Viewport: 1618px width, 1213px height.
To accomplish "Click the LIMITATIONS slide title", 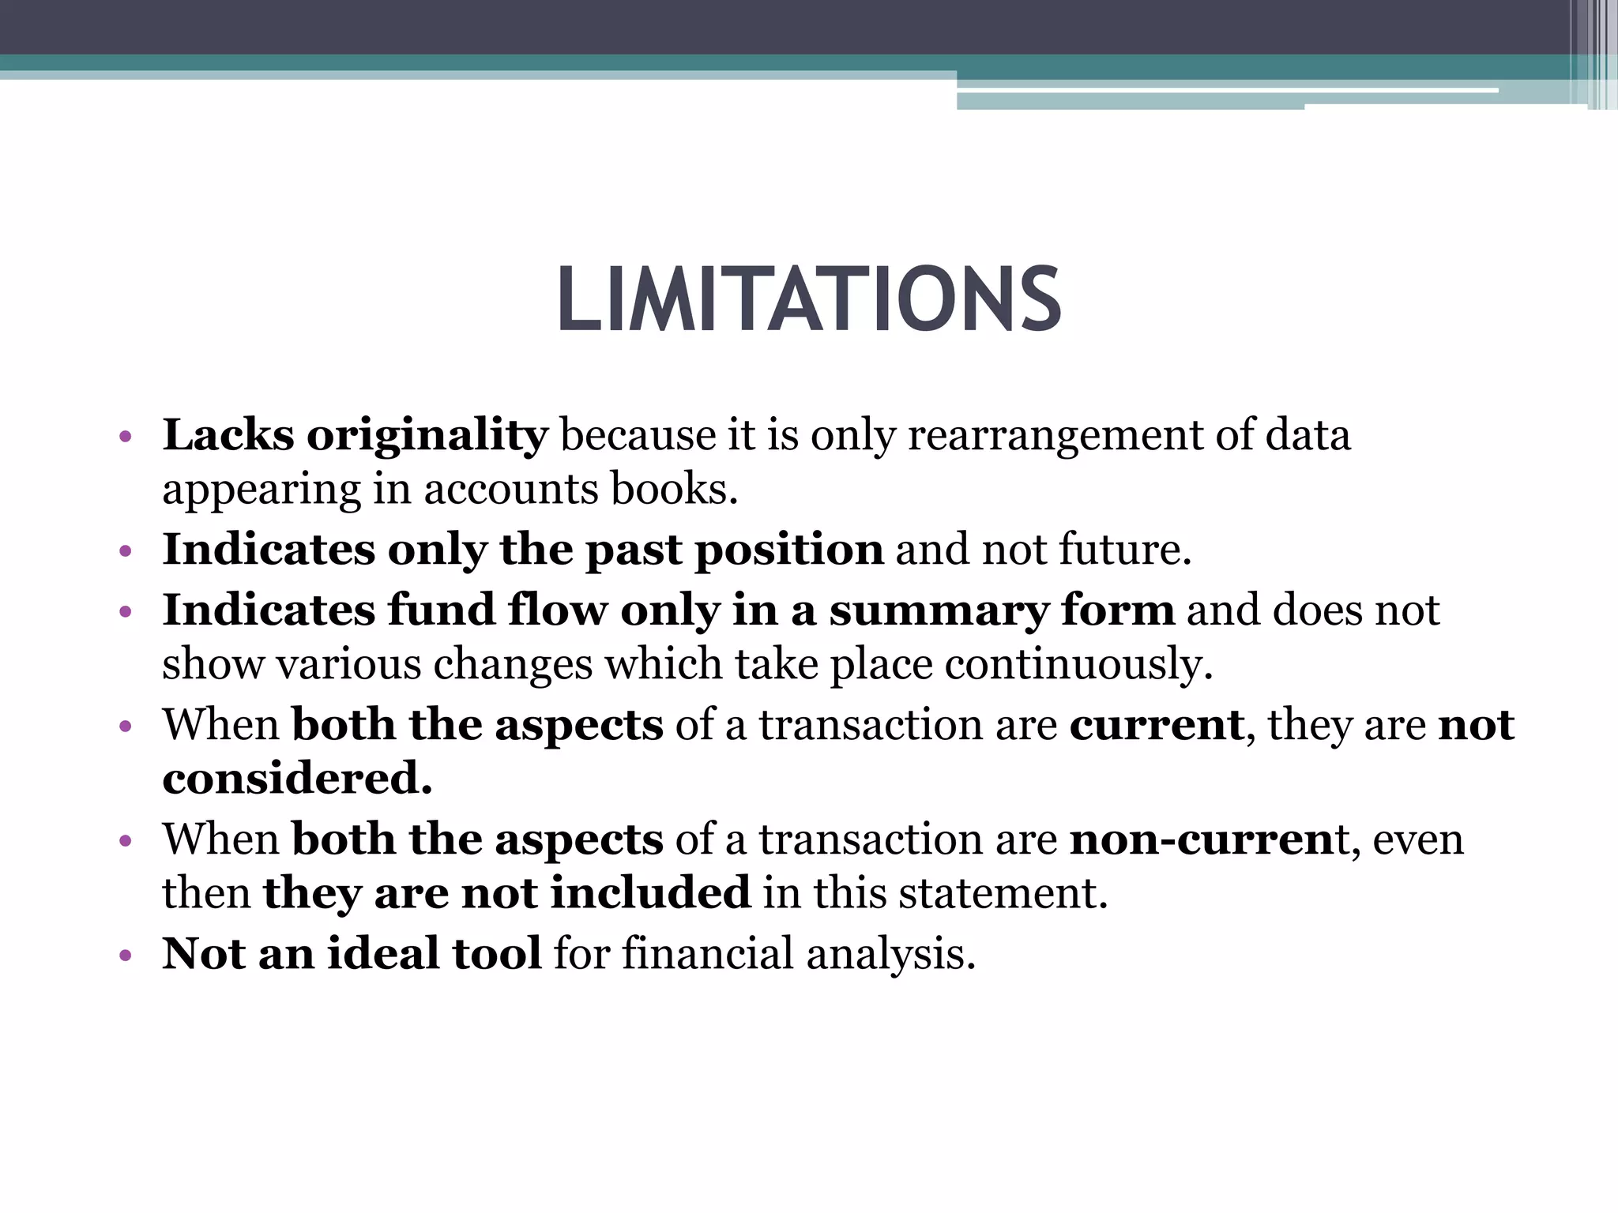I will click(x=809, y=299).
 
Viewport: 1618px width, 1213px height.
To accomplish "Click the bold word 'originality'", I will click(x=427, y=436).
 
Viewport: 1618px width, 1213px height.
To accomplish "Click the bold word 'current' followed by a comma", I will click(x=1157, y=725).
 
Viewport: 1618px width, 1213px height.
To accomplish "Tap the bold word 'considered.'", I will click(x=297, y=778).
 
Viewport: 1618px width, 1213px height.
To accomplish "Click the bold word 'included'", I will click(x=650, y=892).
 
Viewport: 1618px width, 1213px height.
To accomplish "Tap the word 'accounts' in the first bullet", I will click(x=511, y=489).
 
